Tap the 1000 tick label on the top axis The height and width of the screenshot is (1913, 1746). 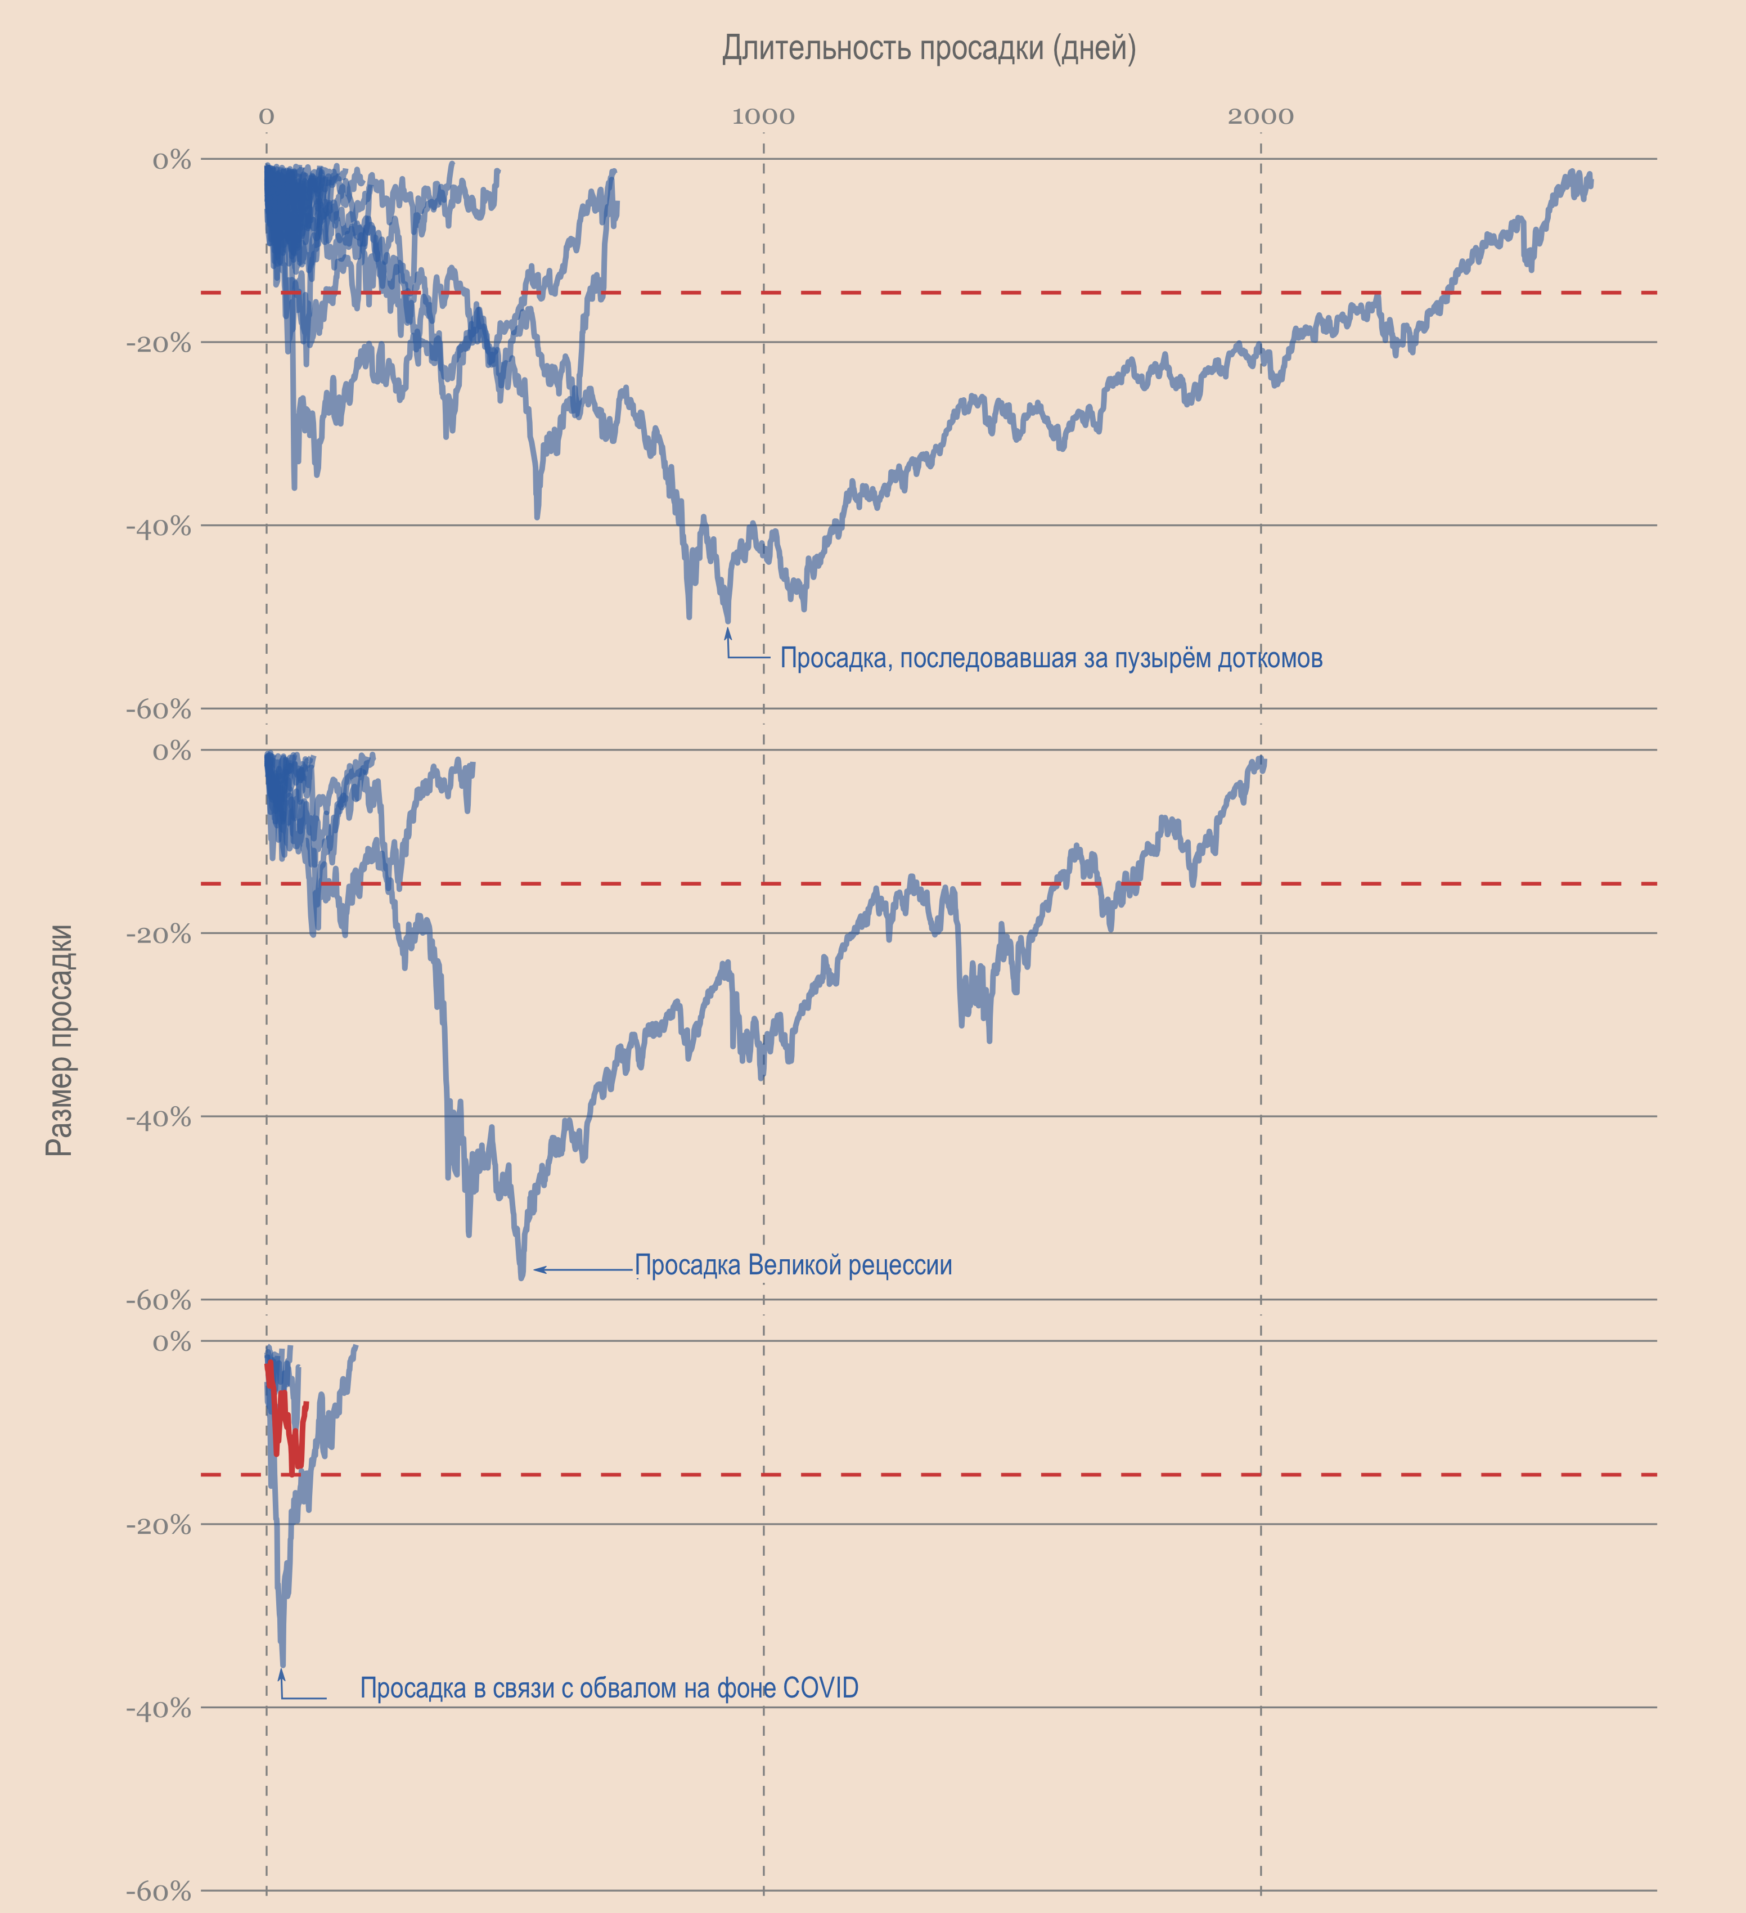763,116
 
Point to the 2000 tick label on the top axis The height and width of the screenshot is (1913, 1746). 1260,116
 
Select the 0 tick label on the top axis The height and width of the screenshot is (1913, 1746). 267,116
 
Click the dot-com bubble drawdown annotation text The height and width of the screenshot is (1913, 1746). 1050,658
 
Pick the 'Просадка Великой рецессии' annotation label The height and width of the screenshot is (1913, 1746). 793,1265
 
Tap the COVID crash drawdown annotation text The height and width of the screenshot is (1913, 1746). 609,1688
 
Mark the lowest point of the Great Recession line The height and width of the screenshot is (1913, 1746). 521,1277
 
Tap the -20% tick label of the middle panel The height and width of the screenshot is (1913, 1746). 159,935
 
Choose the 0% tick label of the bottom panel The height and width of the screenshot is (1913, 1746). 172,1342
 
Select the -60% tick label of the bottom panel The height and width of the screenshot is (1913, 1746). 159,1891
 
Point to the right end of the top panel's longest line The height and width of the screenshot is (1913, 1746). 1591,182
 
